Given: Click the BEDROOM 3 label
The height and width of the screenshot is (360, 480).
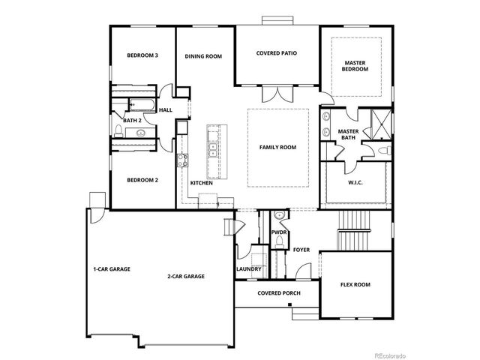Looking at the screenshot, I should (x=142, y=55).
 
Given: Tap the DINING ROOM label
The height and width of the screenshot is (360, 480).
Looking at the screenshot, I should (x=203, y=55).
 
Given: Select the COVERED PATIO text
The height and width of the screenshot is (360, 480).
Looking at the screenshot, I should (x=278, y=53).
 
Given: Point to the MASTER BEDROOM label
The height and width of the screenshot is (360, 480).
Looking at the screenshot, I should (x=355, y=66).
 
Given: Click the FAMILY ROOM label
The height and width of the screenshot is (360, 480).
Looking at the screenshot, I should (x=277, y=147).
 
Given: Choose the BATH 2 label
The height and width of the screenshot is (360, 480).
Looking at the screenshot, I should (x=132, y=120).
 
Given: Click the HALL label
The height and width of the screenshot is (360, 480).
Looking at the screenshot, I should (x=166, y=109).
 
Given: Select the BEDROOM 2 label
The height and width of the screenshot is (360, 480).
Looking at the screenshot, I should (x=142, y=180).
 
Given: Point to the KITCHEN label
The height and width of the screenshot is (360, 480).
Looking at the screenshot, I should (x=201, y=183).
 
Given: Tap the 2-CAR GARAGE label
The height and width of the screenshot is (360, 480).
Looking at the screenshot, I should (x=186, y=277).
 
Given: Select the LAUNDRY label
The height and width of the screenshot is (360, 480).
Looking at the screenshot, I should (x=248, y=268).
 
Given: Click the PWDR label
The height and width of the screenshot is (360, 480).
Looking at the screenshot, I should (x=279, y=233).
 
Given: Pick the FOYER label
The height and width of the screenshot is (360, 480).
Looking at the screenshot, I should (x=301, y=249).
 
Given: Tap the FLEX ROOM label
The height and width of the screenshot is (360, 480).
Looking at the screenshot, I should (x=355, y=284).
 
